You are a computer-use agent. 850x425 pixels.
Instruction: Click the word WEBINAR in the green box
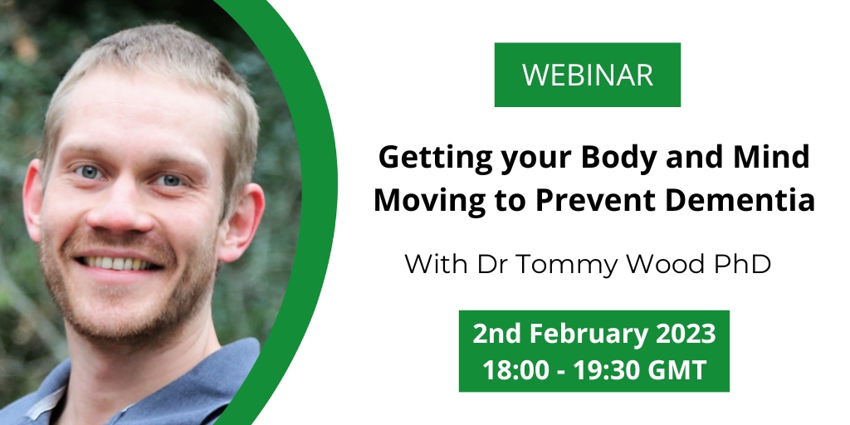[588, 75]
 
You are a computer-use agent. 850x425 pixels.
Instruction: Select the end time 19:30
[604, 371]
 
